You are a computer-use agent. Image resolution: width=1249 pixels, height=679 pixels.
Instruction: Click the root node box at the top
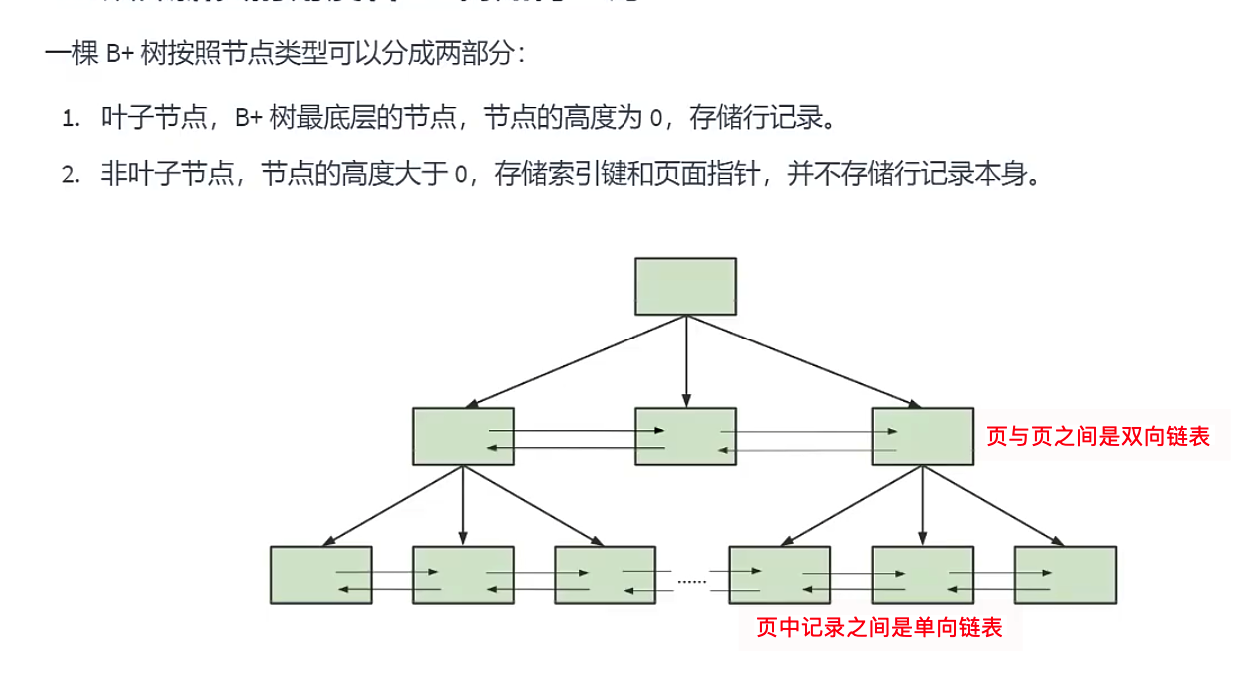click(x=686, y=286)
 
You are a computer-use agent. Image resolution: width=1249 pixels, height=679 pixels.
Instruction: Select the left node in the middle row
click(x=463, y=436)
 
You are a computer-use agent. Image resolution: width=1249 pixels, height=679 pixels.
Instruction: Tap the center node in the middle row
click(x=686, y=436)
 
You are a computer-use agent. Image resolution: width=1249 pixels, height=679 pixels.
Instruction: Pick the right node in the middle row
click(x=922, y=436)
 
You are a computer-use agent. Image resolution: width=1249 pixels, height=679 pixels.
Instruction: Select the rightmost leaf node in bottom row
click(x=1065, y=575)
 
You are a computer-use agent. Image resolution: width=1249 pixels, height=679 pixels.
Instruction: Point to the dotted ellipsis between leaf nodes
click(x=691, y=580)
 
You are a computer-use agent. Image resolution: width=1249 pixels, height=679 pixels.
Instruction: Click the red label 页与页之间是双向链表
click(x=1098, y=436)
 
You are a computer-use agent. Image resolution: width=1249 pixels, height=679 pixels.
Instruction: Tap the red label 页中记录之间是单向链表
click(x=879, y=627)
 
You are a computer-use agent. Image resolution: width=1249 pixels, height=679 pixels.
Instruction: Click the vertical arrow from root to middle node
click(x=686, y=359)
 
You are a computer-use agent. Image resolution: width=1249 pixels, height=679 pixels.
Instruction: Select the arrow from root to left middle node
click(x=576, y=361)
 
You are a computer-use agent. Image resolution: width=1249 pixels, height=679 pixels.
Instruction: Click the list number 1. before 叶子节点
click(x=70, y=119)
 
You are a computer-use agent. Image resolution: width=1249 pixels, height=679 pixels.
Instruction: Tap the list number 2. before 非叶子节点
click(x=70, y=176)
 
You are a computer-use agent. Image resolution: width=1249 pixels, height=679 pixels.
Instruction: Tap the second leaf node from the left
click(x=463, y=575)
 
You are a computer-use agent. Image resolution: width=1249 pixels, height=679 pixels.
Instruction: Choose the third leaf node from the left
click(x=605, y=575)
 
